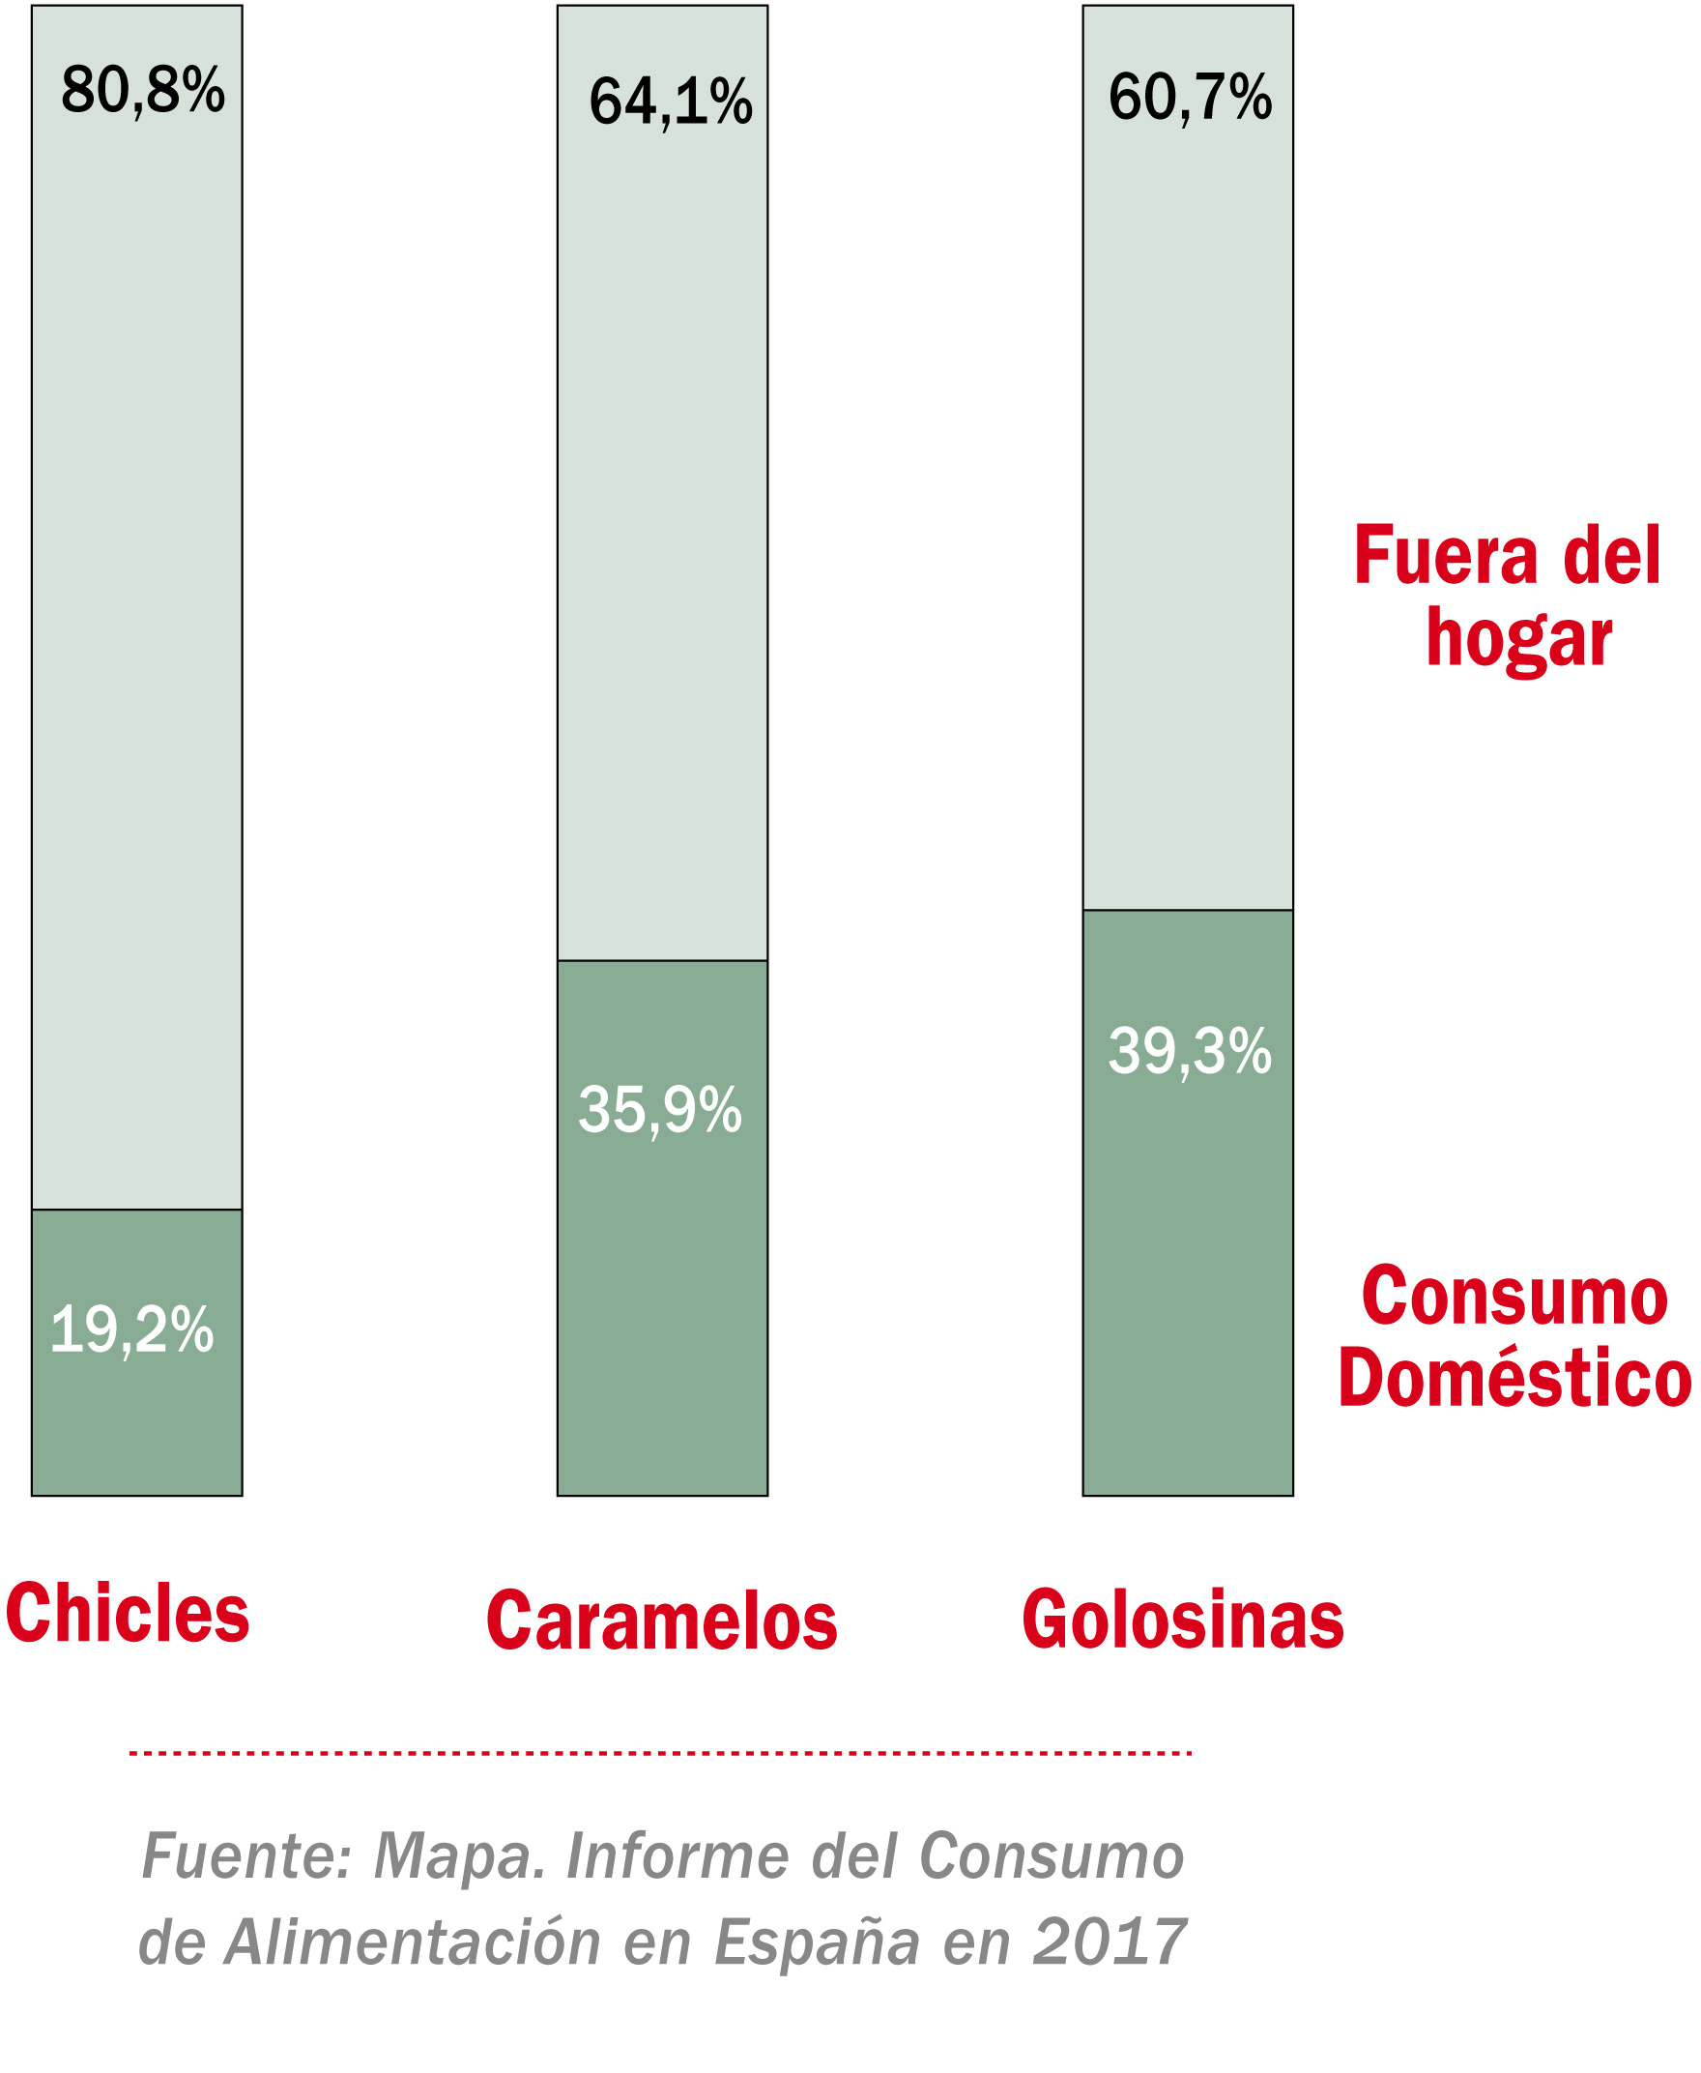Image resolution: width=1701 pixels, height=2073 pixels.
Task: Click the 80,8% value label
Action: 143,90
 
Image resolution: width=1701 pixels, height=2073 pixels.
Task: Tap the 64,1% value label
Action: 670,102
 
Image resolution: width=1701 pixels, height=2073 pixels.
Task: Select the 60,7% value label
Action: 1190,98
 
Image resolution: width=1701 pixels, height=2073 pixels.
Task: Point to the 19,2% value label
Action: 132,1330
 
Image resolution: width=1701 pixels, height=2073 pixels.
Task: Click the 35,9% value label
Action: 660,1110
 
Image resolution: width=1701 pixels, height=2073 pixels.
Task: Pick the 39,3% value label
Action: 1190,1051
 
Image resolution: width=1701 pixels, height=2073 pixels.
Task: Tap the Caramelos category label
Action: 662,1620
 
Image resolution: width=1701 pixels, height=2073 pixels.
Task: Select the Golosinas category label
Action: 1183,1620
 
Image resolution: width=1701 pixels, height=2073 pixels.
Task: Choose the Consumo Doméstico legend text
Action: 1514,1335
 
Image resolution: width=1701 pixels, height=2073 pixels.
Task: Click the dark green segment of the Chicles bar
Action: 137,1431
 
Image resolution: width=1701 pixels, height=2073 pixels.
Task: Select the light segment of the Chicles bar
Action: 137,637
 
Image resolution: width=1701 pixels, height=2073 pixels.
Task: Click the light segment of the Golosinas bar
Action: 1188,490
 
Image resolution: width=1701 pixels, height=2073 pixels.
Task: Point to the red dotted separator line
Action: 660,1753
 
